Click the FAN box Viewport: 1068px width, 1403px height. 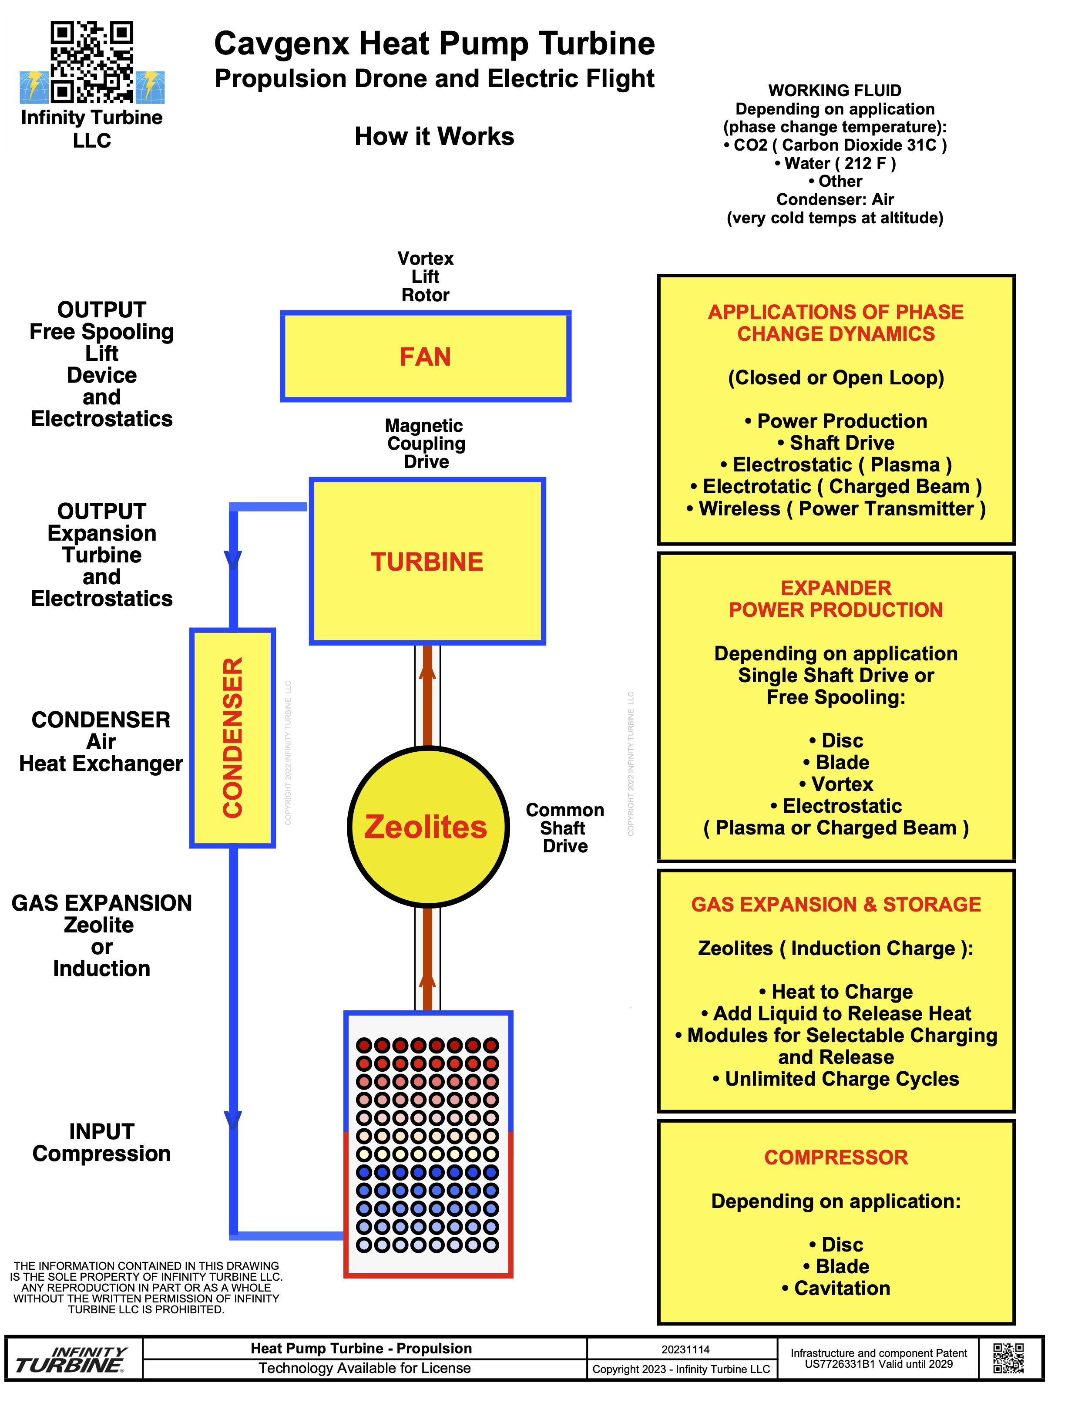(x=425, y=357)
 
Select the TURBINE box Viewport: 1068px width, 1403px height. (x=427, y=561)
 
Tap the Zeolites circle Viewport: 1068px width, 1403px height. (x=428, y=826)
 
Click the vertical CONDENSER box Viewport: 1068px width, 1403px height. (x=233, y=737)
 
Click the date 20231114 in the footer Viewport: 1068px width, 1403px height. (x=685, y=1349)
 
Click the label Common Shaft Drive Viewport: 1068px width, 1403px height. (x=564, y=828)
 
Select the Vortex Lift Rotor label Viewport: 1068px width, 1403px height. (x=425, y=276)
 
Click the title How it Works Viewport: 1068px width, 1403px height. (x=434, y=136)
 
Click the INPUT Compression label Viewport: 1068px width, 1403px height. (x=102, y=1142)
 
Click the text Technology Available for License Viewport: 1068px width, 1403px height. (x=364, y=1368)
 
